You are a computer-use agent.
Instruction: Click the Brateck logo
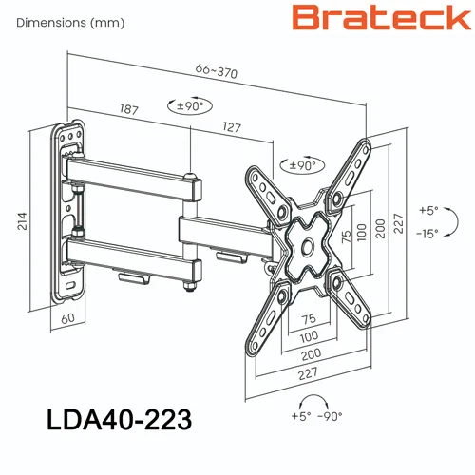coord(382,17)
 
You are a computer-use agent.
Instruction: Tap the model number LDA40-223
coord(119,419)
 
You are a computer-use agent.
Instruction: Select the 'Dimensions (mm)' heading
coord(70,23)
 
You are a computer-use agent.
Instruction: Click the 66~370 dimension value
coord(217,71)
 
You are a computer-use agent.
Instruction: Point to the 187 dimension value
coord(129,109)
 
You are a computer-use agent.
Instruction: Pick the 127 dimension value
coord(232,127)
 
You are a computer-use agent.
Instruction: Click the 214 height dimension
coord(22,221)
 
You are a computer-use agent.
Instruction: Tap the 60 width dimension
coord(67,318)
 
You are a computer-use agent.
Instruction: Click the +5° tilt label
coord(428,210)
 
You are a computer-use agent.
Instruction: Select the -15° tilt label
coord(427,234)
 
